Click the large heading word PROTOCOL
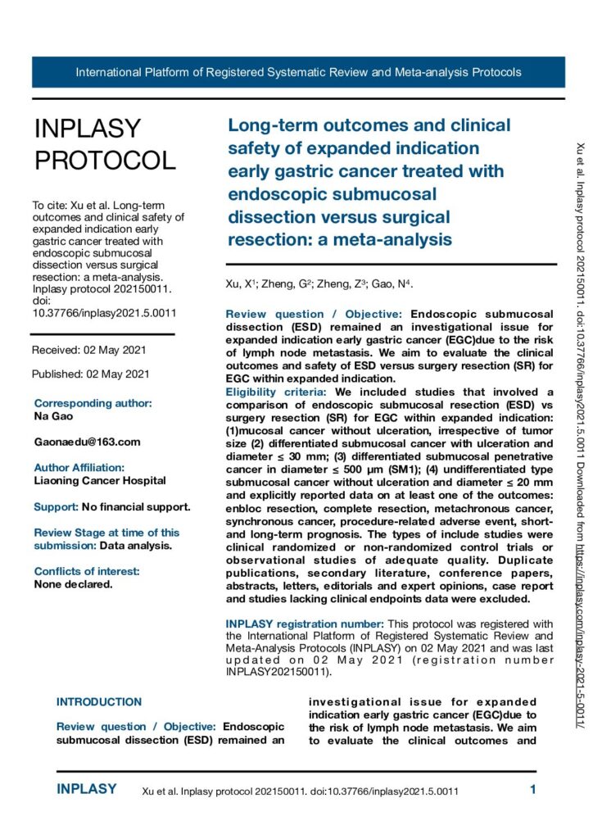105,160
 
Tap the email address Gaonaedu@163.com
88,442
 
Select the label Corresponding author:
93,403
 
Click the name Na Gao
54,416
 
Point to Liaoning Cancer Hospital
100,481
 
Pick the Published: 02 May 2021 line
90,374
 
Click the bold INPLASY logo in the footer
87,790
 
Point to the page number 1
533,790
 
